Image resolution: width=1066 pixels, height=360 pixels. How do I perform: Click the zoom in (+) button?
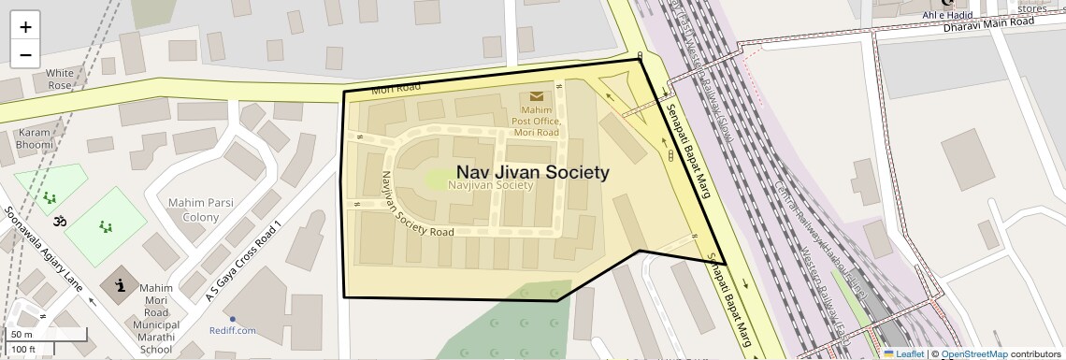(x=25, y=27)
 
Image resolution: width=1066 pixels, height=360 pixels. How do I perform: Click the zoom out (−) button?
(x=25, y=54)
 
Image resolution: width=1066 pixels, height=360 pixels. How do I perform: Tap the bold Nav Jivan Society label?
(x=532, y=172)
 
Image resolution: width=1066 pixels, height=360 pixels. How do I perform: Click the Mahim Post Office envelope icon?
(x=537, y=96)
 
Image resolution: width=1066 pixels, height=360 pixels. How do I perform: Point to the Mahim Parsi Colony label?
(x=194, y=209)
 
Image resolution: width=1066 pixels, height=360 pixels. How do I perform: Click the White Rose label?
(x=59, y=79)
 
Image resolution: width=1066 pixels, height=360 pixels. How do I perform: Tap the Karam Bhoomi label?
(x=34, y=139)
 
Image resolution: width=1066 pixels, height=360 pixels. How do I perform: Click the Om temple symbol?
(x=62, y=222)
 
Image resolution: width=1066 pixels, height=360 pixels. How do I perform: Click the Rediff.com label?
(x=233, y=330)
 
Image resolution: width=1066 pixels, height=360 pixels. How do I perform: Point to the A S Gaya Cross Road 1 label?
(x=243, y=262)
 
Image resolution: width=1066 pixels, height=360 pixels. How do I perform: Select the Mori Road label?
(x=391, y=90)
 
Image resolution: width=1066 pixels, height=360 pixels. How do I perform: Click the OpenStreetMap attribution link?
(x=973, y=353)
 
